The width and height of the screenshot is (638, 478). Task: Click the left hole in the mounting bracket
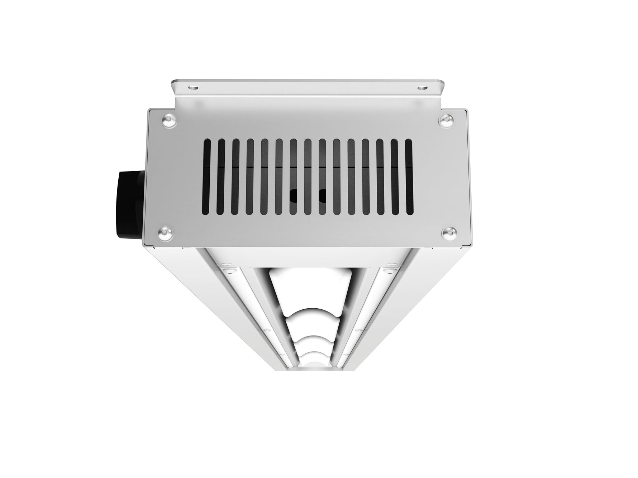[x=193, y=87]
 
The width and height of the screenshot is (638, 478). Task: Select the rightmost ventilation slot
[x=409, y=177]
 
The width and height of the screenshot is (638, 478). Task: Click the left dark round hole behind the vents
[x=294, y=195]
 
